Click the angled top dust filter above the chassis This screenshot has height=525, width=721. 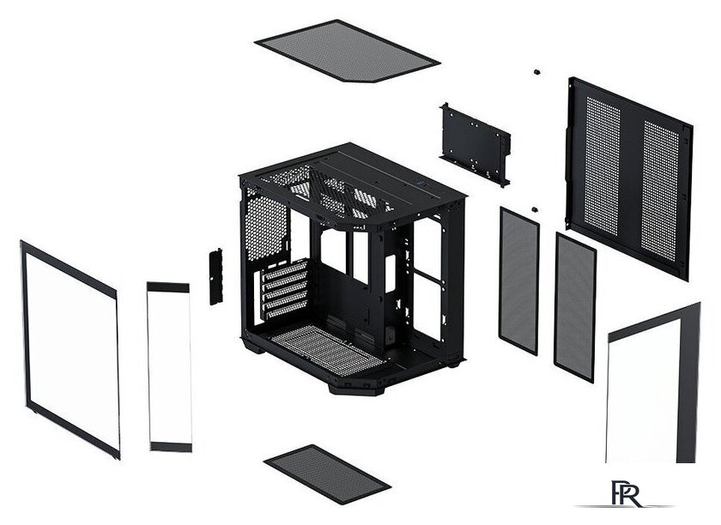[x=347, y=51]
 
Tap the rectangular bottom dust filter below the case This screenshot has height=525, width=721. [x=327, y=474]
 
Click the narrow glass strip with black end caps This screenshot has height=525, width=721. [x=169, y=367]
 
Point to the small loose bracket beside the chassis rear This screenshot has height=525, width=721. [x=216, y=276]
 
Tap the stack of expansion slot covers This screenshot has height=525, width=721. [x=285, y=290]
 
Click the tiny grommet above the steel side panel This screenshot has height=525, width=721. [x=536, y=72]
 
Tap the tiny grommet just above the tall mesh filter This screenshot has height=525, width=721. [x=534, y=209]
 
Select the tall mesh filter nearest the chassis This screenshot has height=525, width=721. [x=519, y=280]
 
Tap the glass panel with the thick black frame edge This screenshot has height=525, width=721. [x=653, y=383]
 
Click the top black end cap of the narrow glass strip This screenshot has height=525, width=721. [x=168, y=287]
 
